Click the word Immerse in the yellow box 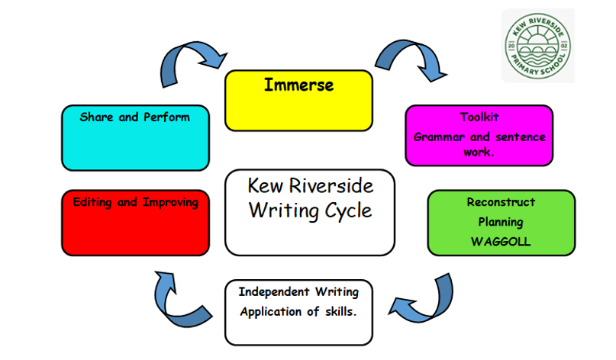[298, 85]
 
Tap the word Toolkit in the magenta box [479, 117]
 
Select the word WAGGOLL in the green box [501, 240]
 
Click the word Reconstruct [501, 202]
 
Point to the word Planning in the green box [501, 221]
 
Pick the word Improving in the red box [170, 203]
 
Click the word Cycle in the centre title [343, 210]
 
